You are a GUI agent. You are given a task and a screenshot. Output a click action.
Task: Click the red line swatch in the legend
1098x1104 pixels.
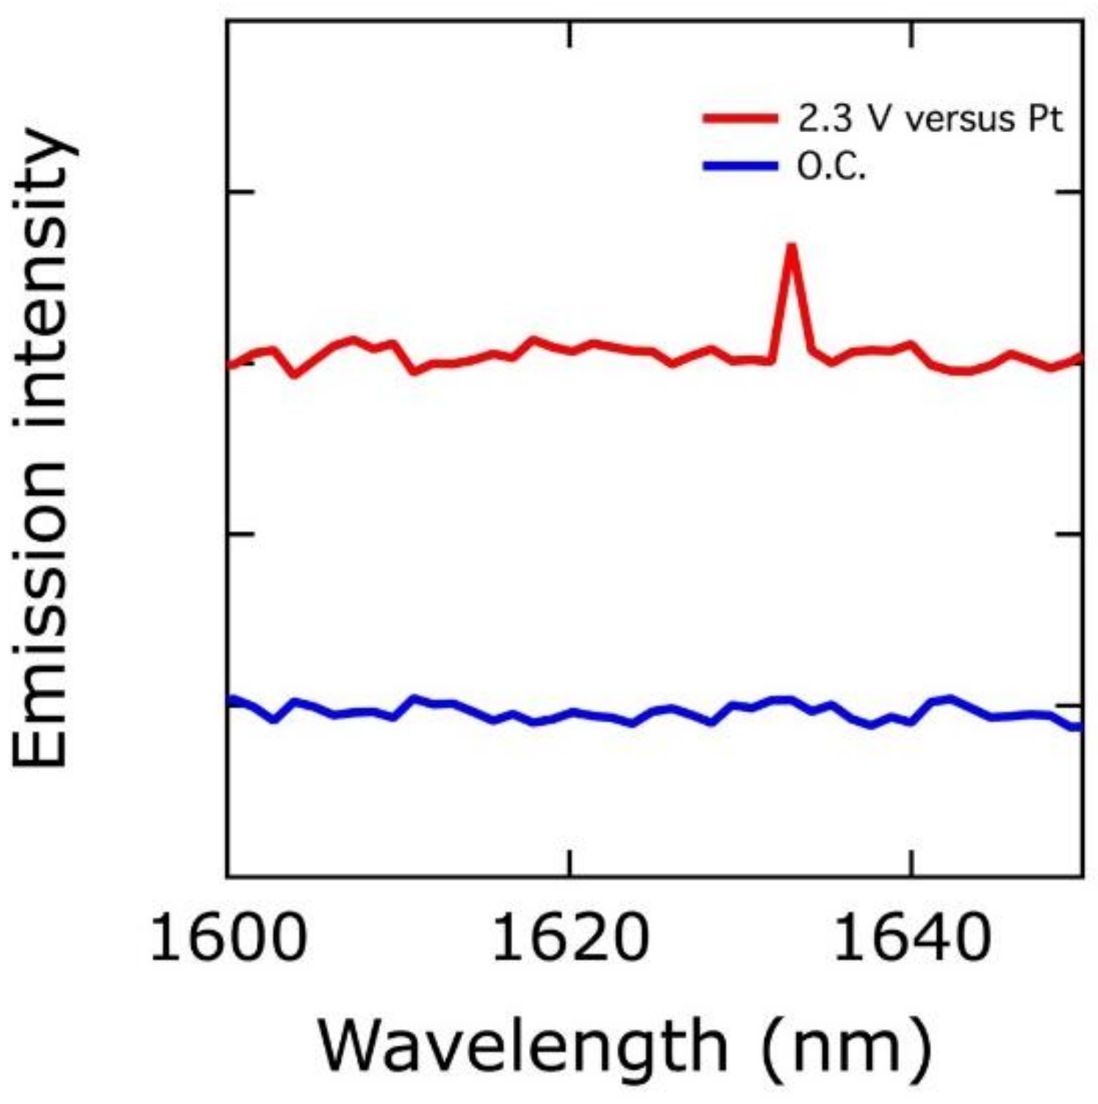[739, 118]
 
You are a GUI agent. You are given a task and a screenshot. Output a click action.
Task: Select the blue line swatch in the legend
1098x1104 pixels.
[739, 166]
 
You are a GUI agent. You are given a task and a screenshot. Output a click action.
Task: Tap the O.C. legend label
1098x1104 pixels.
[831, 167]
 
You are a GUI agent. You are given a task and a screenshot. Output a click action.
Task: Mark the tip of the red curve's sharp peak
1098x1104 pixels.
[791, 246]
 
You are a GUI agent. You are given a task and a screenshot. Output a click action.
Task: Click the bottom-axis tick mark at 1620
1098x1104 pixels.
[570, 864]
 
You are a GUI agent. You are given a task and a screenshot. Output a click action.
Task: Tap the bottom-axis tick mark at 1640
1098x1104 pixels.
[912, 864]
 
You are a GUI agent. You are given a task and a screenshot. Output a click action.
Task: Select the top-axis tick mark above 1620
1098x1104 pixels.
[570, 35]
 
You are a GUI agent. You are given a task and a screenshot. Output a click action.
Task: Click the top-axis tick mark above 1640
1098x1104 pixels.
[912, 35]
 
